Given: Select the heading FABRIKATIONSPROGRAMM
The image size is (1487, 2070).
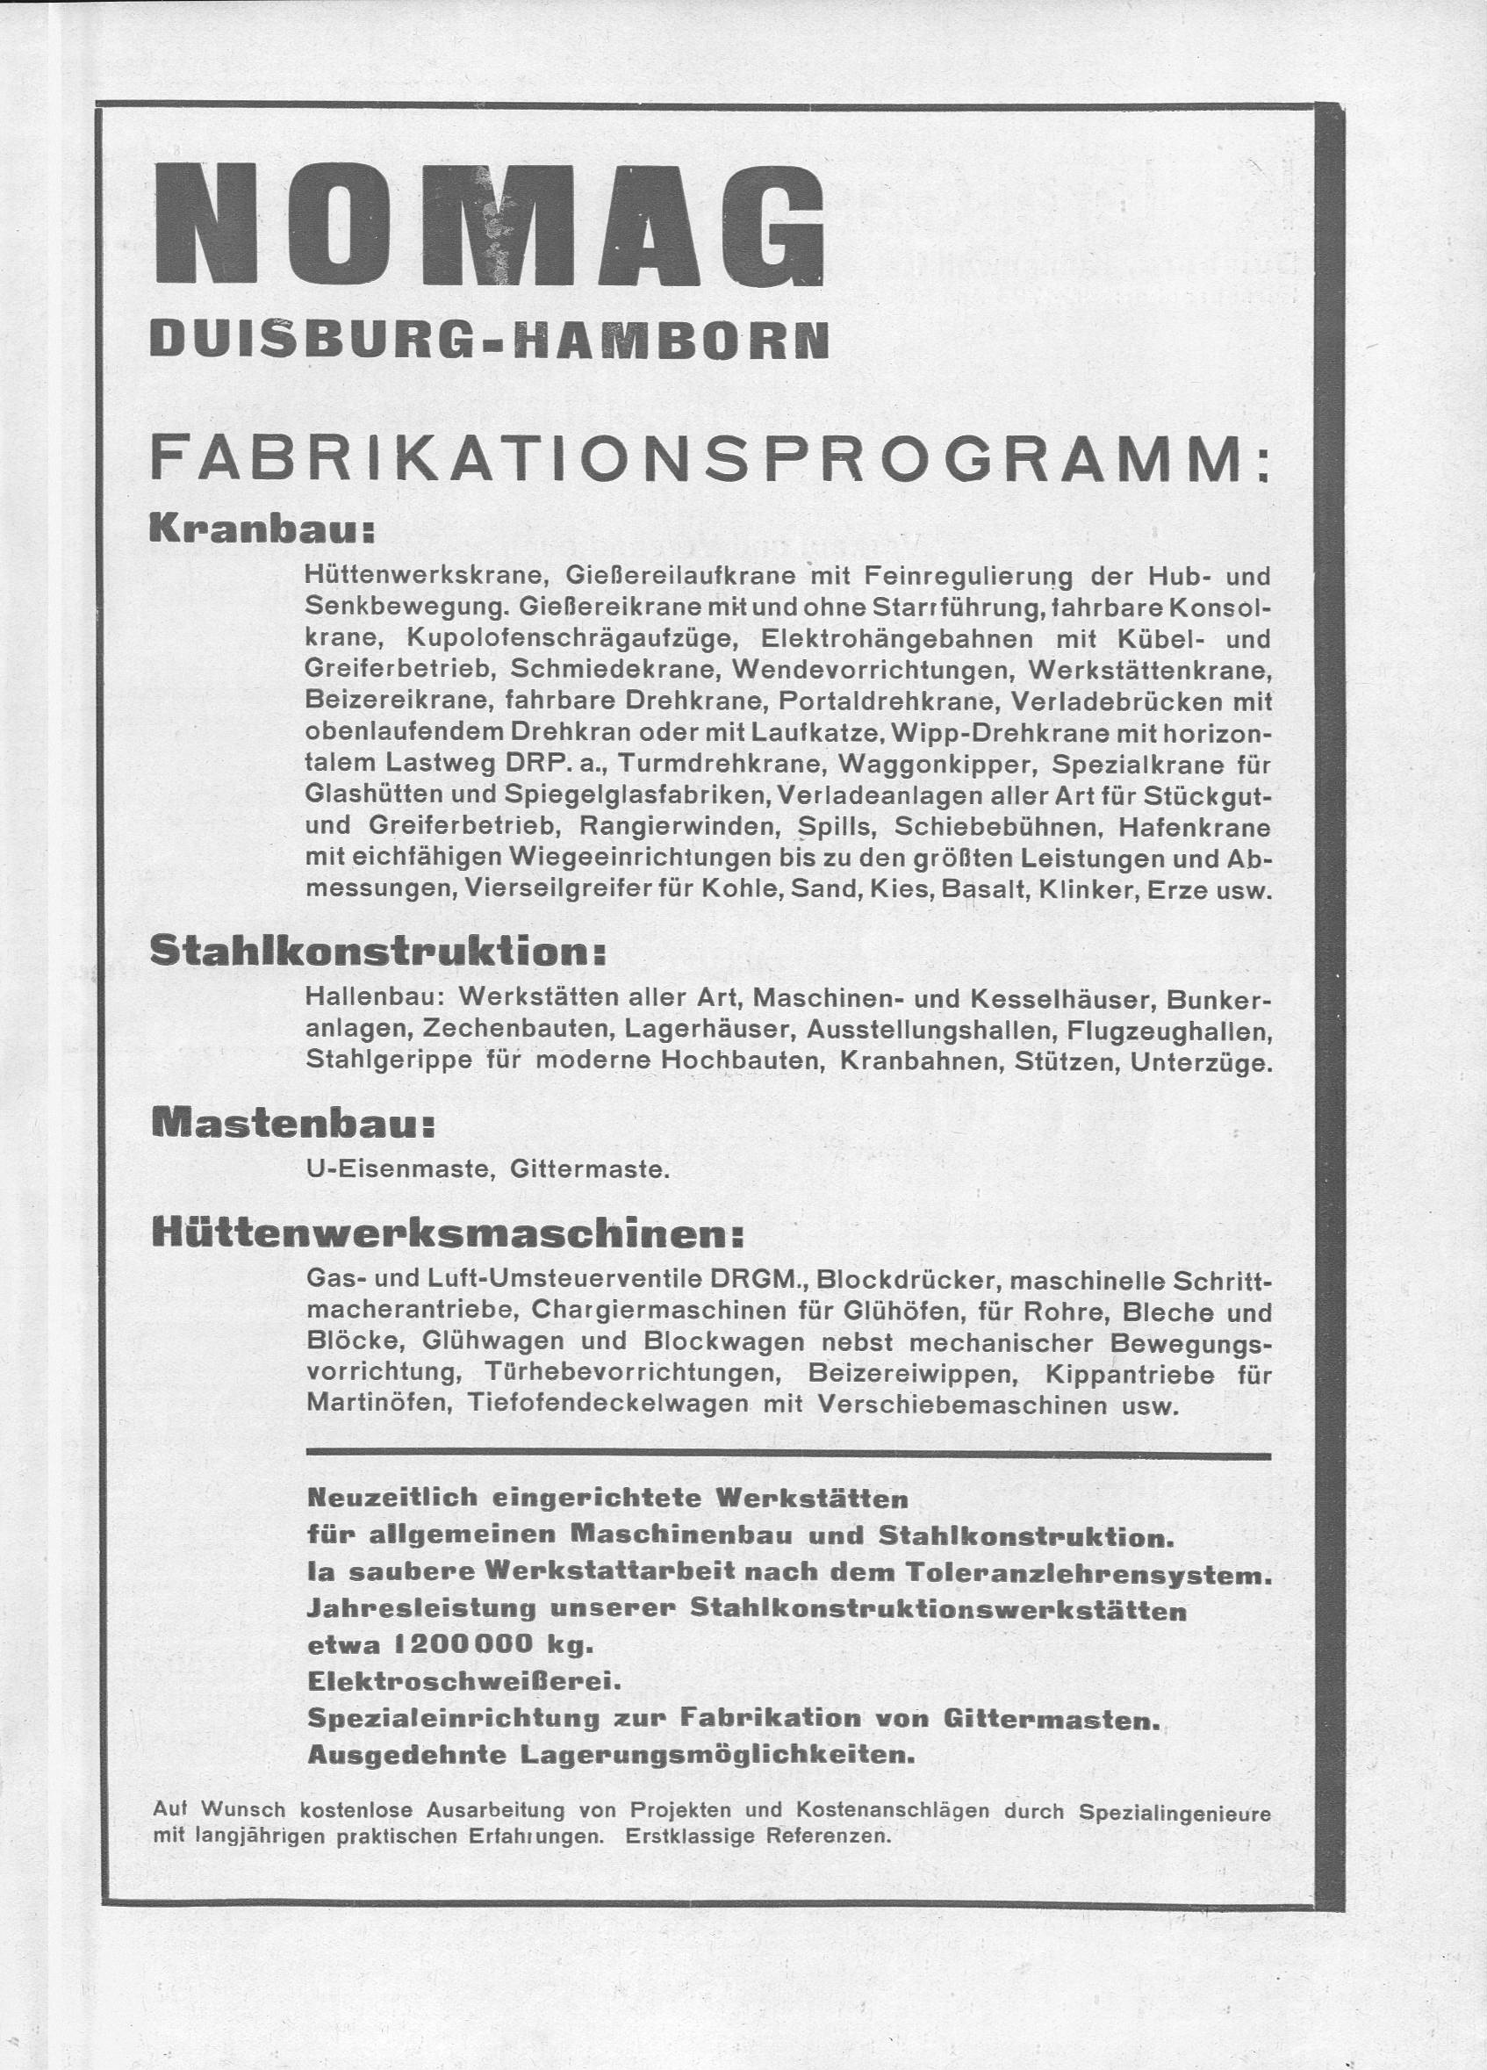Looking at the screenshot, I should [x=708, y=464].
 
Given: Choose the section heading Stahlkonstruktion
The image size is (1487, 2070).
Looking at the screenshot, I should [x=377, y=952].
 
